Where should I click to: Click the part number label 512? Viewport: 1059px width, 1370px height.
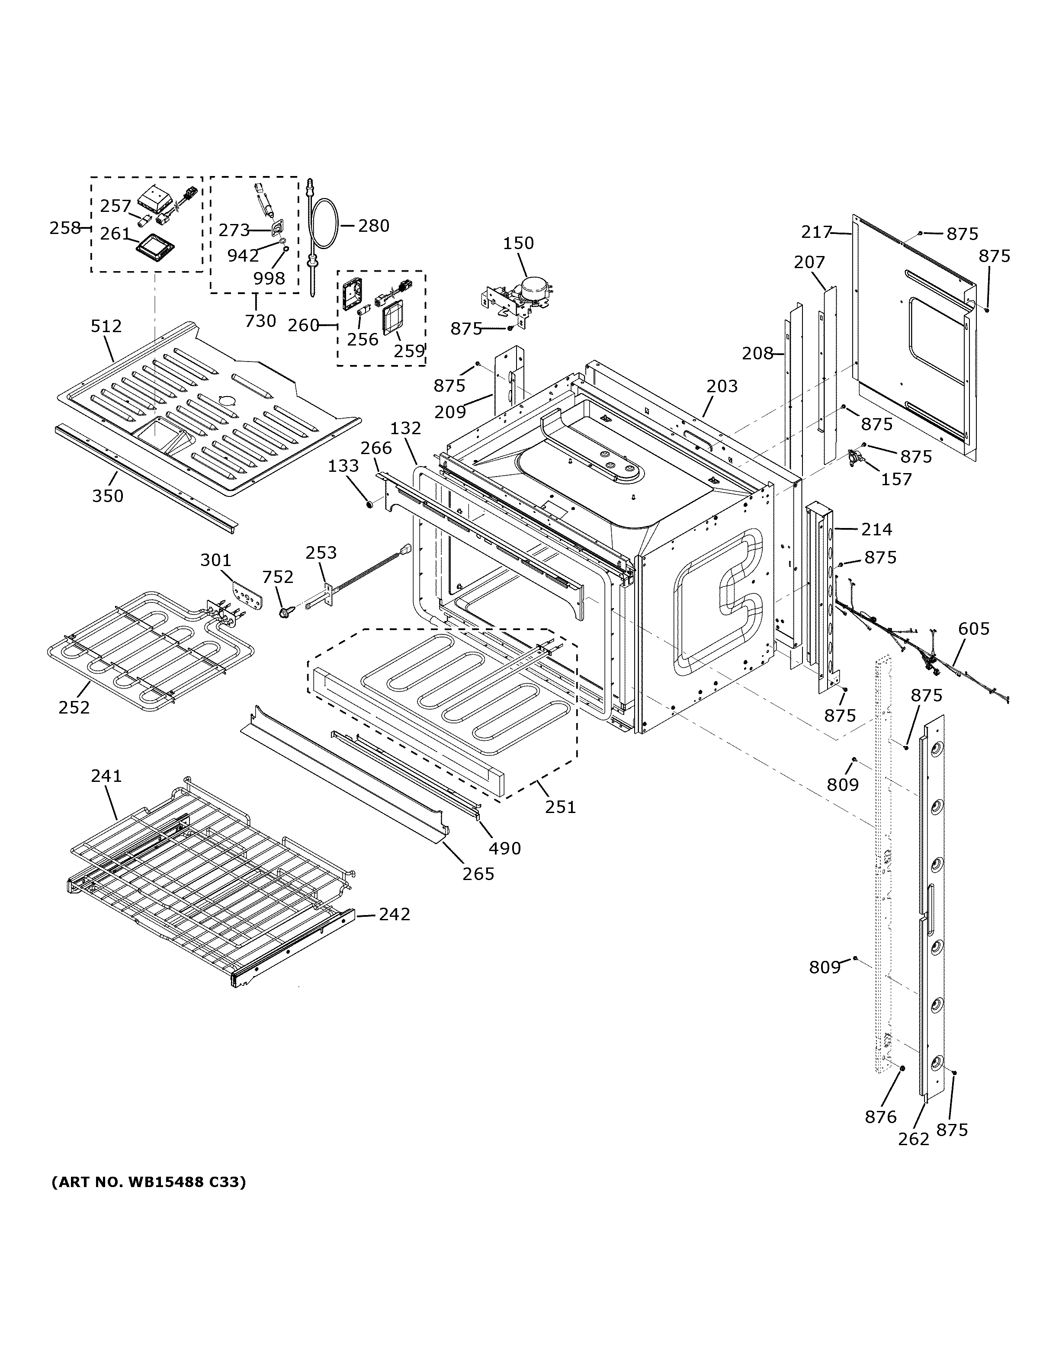106,326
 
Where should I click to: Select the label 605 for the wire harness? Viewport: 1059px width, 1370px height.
974,628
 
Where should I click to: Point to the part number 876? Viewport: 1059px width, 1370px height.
881,1117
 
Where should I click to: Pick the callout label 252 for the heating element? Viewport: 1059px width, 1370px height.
74,707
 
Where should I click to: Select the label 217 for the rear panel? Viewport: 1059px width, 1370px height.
817,232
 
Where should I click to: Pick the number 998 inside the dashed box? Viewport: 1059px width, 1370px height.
269,278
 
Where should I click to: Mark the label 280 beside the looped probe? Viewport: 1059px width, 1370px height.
373,225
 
